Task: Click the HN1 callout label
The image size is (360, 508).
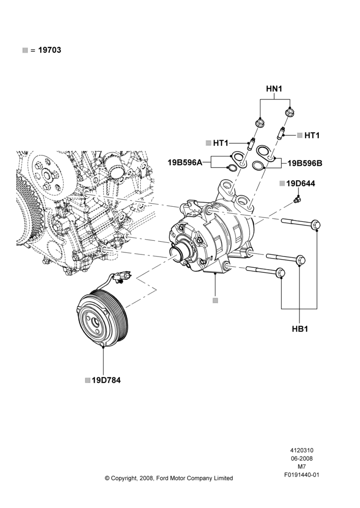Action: pos(274,88)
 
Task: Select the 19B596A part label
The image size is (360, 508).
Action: pos(185,163)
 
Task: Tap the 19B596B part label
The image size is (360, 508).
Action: pos(305,163)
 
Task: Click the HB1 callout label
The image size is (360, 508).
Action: pos(300,329)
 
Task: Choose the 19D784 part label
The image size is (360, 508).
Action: pos(106,380)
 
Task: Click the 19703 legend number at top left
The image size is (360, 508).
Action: pos(50,50)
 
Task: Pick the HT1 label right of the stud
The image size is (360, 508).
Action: pos(312,136)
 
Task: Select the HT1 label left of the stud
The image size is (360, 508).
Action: pos(221,143)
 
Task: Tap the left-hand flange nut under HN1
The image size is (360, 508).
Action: pos(259,123)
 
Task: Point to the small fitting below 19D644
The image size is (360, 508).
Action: pos(296,199)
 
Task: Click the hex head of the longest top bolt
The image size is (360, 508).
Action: pos(316,225)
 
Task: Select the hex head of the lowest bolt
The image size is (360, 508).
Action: pos(280,273)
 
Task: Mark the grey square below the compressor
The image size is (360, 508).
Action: pos(216,301)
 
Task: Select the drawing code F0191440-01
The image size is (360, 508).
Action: pos(302,475)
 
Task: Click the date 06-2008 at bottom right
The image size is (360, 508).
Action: pos(302,458)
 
